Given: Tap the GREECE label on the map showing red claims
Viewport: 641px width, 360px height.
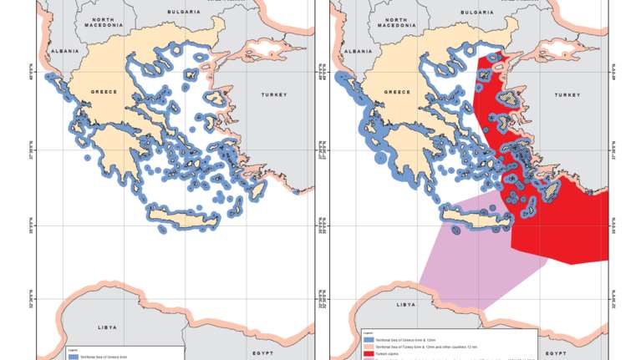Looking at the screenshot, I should pyautogui.click(x=399, y=92).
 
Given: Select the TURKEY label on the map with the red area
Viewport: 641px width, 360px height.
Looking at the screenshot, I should pyautogui.click(x=567, y=95).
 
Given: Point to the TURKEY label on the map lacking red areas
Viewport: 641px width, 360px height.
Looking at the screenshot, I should pyautogui.click(x=273, y=95).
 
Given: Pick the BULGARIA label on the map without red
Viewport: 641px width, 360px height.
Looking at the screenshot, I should pyautogui.click(x=184, y=13).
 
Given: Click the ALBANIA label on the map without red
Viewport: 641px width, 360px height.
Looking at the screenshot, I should pyautogui.click(x=65, y=50).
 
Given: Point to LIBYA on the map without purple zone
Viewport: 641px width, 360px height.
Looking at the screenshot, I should pyautogui.click(x=106, y=327).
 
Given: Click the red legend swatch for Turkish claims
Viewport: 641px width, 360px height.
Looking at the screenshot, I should pyautogui.click(x=369, y=354).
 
